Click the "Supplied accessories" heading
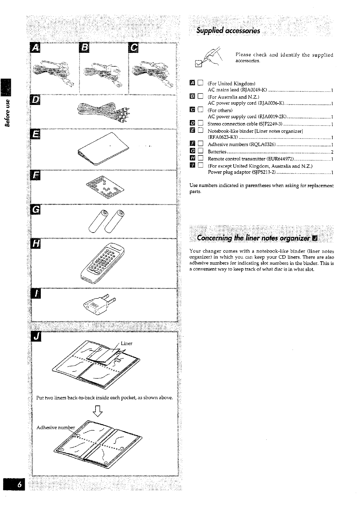pos(228,31)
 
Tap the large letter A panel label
pos(35,47)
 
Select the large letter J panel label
pos(36,336)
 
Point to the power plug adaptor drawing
pos(100,304)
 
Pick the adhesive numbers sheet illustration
pos(105,187)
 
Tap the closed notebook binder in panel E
pos(103,148)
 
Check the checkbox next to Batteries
pos(200,151)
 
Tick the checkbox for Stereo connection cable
pos(200,123)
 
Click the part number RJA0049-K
pos(254,90)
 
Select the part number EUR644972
pos(280,159)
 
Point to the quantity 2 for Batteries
pos(332,152)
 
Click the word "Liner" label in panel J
pos(127,343)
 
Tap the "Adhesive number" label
pos(56,427)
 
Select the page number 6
pos(20,485)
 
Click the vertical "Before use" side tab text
pos(7,113)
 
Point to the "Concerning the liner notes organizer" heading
pos(253,238)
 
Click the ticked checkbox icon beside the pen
pos(199,64)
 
